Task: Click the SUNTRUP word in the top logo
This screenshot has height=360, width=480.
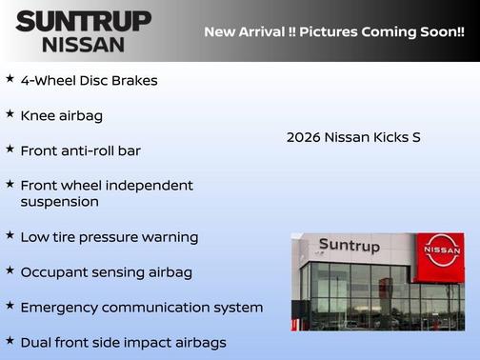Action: point(83,21)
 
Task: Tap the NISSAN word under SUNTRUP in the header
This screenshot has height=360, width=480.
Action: point(83,44)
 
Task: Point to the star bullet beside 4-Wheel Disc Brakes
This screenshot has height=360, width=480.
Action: point(10,79)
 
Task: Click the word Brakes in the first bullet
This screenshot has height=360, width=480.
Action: point(134,80)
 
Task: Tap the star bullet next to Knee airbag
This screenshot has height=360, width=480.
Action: point(10,114)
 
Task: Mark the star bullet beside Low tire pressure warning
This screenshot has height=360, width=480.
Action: point(10,234)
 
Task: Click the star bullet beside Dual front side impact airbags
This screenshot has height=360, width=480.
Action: point(10,340)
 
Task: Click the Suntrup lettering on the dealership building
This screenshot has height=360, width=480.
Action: point(349,246)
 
